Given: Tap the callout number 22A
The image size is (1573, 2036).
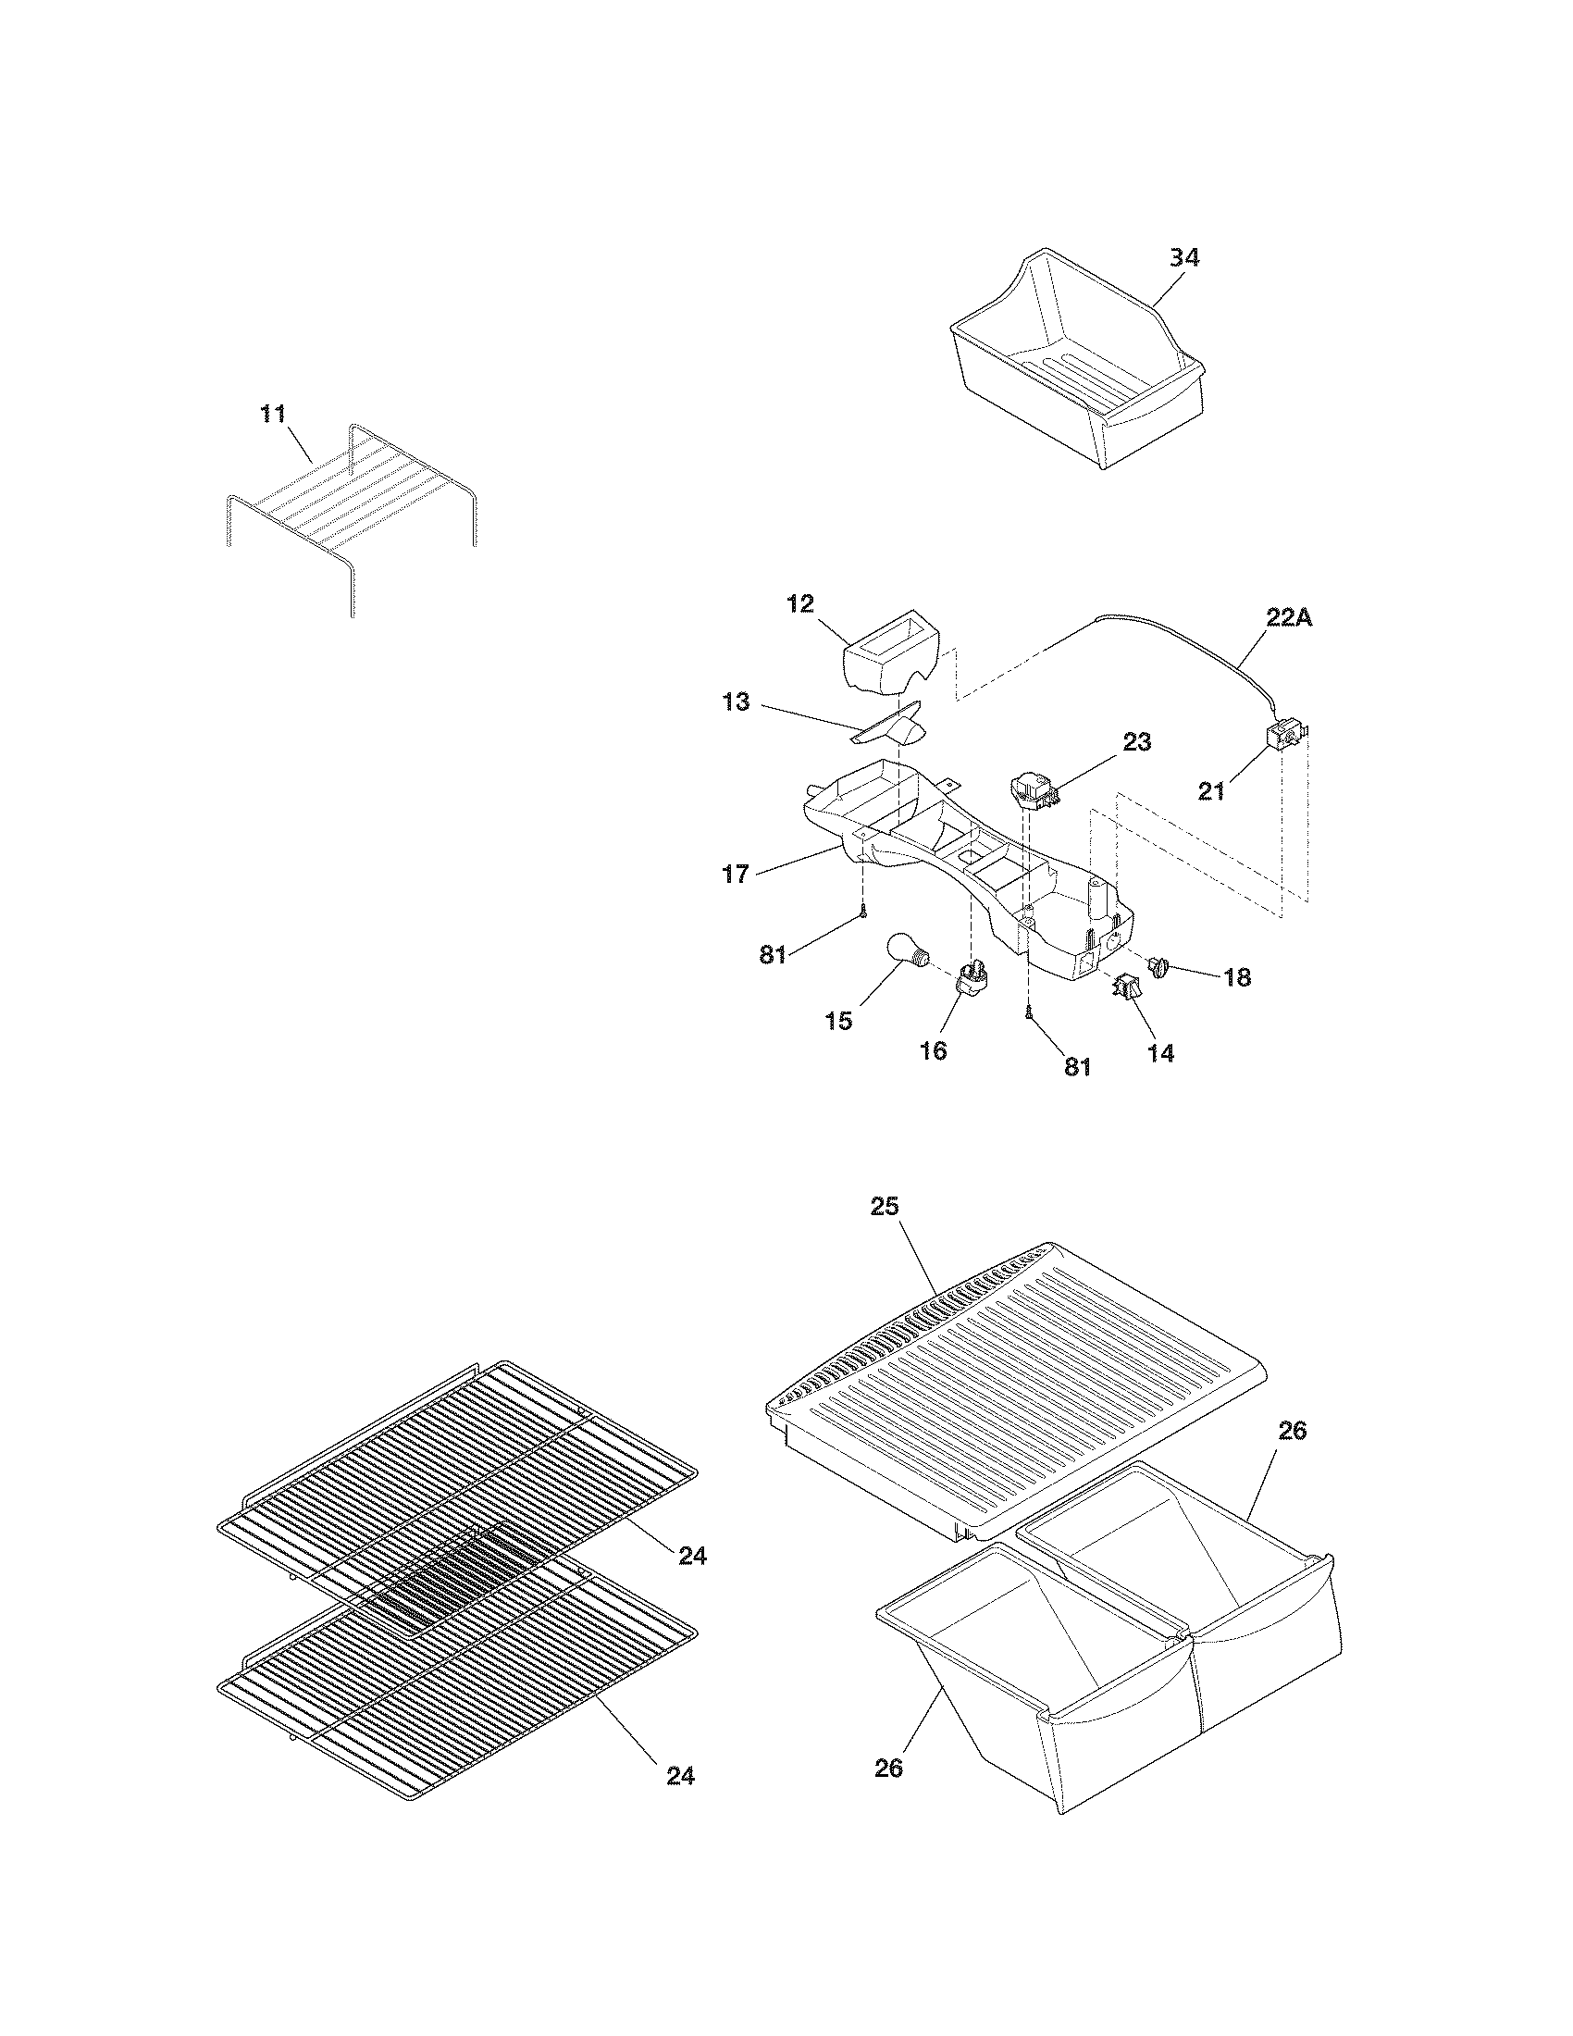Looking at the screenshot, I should (x=1288, y=617).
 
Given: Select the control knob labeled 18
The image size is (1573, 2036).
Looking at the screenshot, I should (x=1159, y=967).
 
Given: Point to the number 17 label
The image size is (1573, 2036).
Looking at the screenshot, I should (x=736, y=874).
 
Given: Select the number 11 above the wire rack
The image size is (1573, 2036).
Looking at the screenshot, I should (x=272, y=414).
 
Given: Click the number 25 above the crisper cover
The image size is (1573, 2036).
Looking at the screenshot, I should (x=885, y=1206).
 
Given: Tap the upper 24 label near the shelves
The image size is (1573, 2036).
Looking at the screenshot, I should (x=691, y=1555).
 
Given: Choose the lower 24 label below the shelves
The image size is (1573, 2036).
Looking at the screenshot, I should (x=680, y=1776).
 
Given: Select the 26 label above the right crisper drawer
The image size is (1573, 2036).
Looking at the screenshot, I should (x=1292, y=1431).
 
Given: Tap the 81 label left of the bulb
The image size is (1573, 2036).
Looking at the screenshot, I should (x=773, y=955).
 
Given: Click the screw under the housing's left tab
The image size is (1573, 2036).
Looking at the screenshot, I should (x=864, y=912).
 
